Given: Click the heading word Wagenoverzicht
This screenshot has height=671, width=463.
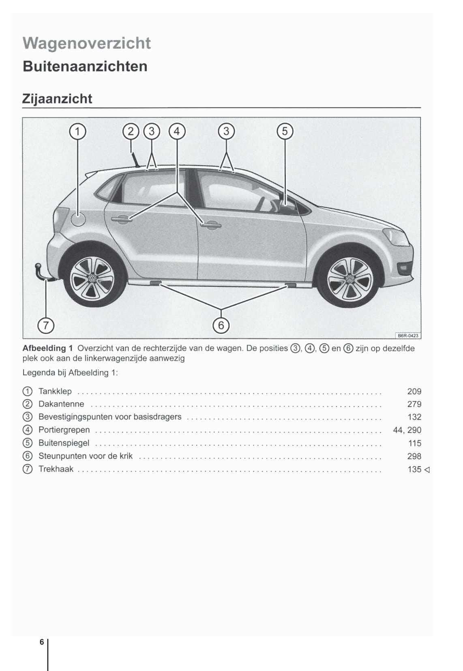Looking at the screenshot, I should pos(87,43).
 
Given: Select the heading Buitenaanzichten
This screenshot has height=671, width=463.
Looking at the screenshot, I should pos(85,66).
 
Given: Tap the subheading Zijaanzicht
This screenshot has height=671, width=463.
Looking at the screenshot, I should pos(57,99).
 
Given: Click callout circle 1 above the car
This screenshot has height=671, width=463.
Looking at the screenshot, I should pos(78,131).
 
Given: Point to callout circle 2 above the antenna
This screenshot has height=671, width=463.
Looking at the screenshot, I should pos(131,131).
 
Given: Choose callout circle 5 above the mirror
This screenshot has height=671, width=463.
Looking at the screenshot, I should pos(285,131).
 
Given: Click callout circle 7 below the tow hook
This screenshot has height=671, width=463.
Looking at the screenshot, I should pos(46,325).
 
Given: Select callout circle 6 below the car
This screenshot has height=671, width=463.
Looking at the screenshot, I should pos(221,325).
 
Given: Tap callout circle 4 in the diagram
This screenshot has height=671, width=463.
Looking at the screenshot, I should pos(177,131).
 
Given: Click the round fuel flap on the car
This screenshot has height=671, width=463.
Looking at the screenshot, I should pos(78,219).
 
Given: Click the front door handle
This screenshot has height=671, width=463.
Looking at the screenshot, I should pos(211,224).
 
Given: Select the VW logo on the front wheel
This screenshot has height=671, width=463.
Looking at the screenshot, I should pos(349,280).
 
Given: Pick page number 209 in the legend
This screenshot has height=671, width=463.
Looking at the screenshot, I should pos(414,391).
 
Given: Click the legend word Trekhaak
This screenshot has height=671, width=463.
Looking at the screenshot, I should pos(56,469).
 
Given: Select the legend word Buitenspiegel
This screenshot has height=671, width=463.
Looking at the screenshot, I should pos(64,443).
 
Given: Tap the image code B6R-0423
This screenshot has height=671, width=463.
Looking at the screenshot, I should pos(408,335).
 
